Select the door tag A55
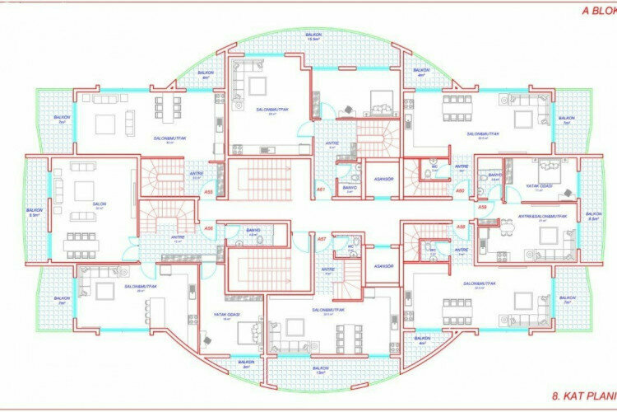click(208, 192)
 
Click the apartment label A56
click(208, 227)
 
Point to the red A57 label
click(322, 238)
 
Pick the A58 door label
click(461, 226)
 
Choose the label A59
click(483, 207)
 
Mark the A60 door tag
click(461, 191)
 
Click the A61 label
click(322, 190)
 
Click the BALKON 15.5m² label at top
click(312, 37)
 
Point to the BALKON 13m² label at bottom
click(320, 370)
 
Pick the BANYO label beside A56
click(253, 232)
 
